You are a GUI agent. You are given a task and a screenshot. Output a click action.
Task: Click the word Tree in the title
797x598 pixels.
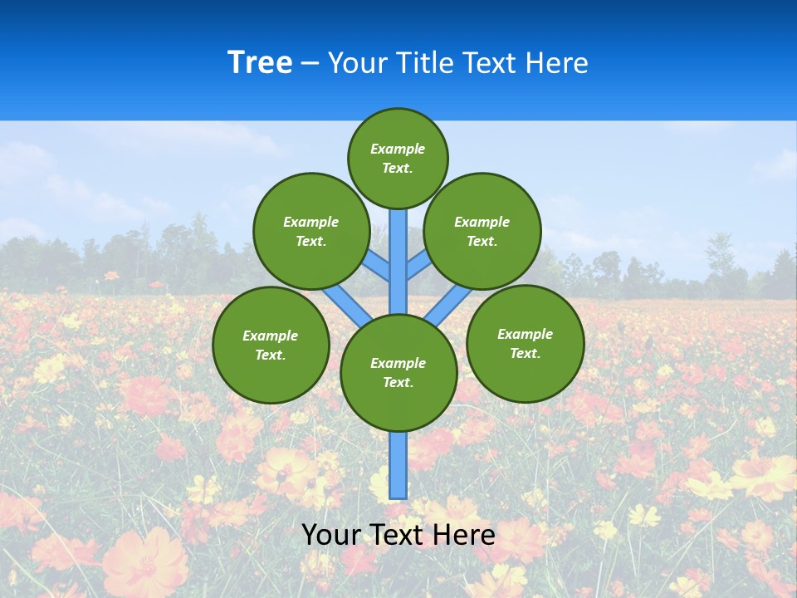pos(260,63)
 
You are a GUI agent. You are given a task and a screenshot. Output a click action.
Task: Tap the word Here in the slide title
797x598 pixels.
pos(556,63)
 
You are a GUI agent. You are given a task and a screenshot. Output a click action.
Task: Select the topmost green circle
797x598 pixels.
pos(398,158)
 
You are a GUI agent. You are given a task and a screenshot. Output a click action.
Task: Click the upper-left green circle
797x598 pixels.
pos(311,231)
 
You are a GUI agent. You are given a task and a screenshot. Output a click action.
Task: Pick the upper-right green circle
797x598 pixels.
pos(482,231)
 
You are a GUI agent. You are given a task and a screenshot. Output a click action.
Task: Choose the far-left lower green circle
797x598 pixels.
pos(271,345)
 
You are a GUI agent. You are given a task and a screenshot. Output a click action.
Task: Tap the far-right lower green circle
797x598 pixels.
pos(525,343)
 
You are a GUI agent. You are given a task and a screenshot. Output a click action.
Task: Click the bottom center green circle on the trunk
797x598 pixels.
pos(398,373)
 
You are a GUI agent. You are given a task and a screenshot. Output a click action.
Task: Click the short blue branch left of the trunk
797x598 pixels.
pos(377,267)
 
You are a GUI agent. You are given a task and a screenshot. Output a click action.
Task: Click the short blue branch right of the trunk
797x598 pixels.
pos(418,267)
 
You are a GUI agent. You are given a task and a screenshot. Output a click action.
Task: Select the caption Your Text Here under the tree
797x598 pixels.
pos(398,535)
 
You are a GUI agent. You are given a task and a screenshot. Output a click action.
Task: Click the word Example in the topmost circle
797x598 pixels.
pos(398,149)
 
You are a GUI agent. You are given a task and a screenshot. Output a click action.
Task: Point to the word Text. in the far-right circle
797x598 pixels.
pos(525,353)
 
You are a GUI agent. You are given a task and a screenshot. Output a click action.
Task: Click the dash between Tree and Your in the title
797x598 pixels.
pos(310,64)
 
